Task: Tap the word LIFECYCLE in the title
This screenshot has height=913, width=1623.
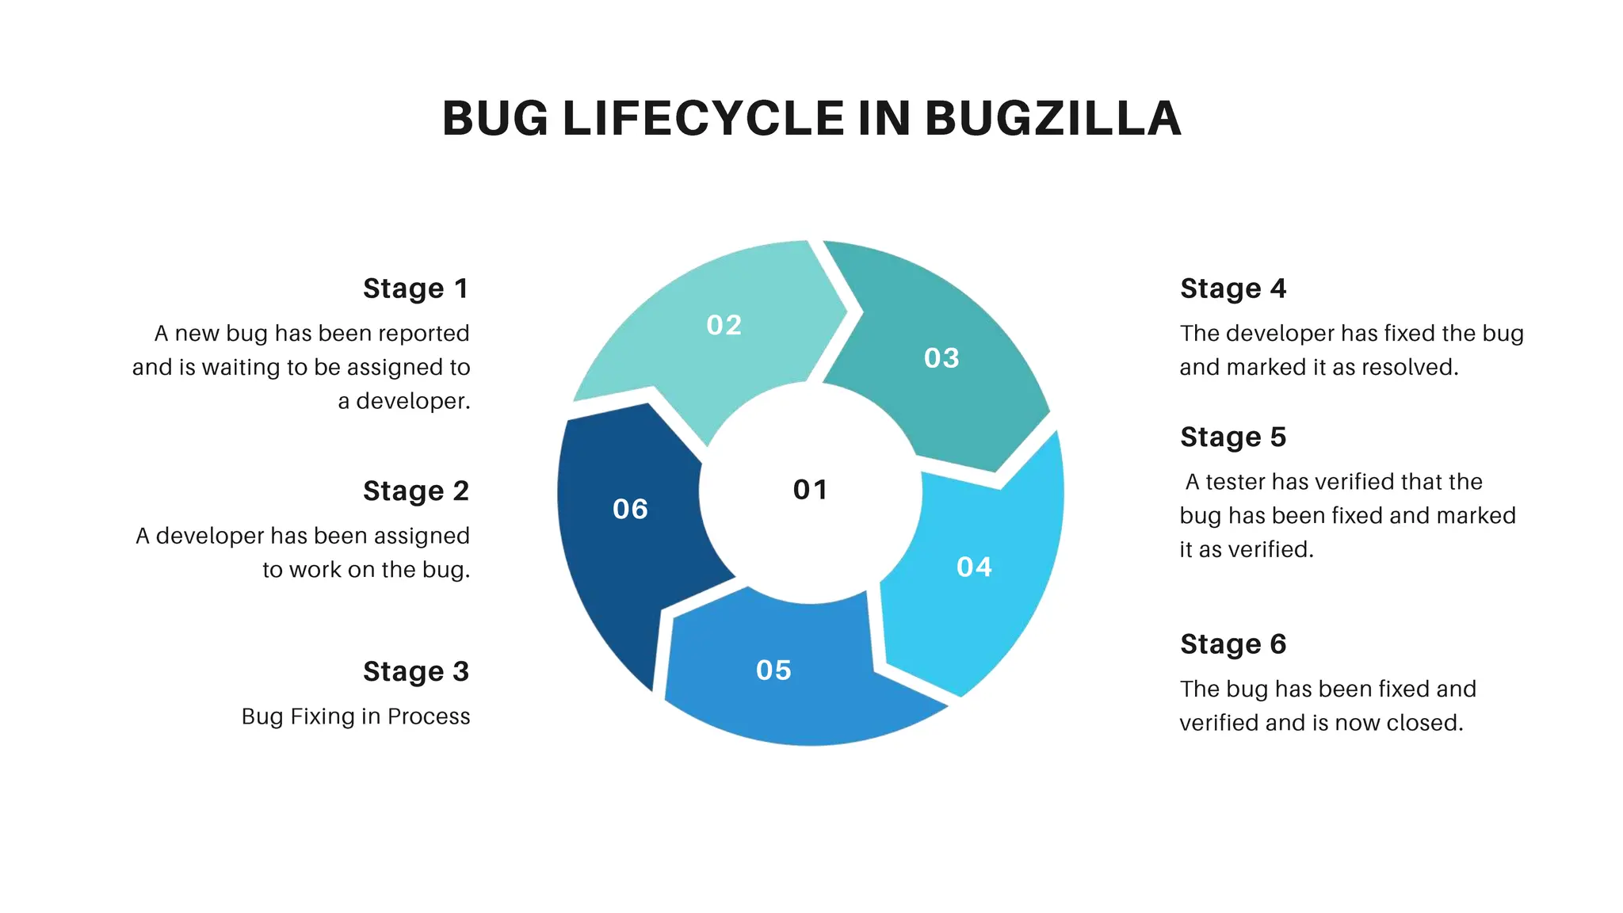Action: tap(704, 119)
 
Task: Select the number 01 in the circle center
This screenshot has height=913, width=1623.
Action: tap(810, 490)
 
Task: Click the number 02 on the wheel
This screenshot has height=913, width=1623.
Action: tap(724, 325)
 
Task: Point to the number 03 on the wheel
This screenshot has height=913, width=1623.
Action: tap(941, 358)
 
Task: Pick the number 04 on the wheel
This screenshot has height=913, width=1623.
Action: tap(974, 567)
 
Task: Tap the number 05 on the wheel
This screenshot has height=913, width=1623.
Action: tap(773, 670)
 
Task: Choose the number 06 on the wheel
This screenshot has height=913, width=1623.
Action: tap(630, 509)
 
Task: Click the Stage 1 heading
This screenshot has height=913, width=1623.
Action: tap(415, 288)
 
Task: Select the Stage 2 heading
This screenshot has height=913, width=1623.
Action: tap(415, 491)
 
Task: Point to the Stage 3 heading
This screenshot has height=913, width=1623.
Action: tap(415, 672)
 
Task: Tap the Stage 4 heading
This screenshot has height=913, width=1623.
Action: tap(1233, 288)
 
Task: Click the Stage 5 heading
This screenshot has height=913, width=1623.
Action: tap(1233, 437)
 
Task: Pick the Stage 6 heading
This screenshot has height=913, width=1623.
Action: tap(1233, 644)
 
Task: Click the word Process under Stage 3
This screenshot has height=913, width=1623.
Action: tap(429, 716)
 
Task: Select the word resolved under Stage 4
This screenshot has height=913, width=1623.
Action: tap(1413, 368)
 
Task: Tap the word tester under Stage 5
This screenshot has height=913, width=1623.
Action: tap(1235, 482)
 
